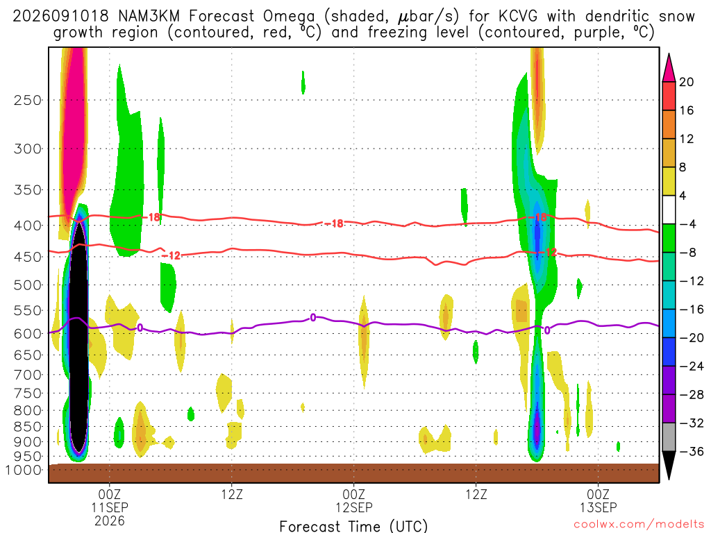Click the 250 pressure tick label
[28, 100]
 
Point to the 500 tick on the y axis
[28, 285]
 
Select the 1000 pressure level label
[23, 470]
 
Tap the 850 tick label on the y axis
[28, 427]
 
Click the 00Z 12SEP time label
[353, 500]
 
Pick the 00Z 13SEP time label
[598, 500]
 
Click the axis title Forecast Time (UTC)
[353, 526]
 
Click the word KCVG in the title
[518, 17]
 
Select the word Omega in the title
[289, 17]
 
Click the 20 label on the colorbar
[686, 82]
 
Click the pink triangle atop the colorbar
[669, 69]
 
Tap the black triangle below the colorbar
[669, 465]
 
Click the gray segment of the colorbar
[669, 437]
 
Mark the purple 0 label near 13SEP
[547, 330]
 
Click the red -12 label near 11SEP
[172, 256]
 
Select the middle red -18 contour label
[335, 223]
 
